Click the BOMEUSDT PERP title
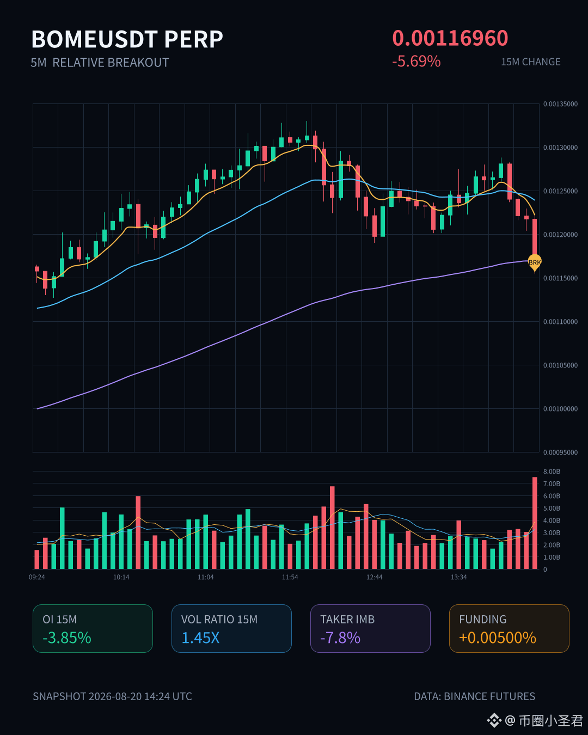[x=127, y=39]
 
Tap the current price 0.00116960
[x=450, y=38]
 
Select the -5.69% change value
[x=416, y=62]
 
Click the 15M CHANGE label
[x=531, y=62]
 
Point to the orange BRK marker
[x=535, y=262]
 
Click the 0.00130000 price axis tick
[x=560, y=148]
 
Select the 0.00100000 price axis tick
[x=560, y=409]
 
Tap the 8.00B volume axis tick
[x=552, y=471]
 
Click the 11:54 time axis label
[x=290, y=577]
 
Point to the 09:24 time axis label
[x=37, y=577]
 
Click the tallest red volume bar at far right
[x=535, y=523]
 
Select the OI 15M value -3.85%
[x=67, y=638]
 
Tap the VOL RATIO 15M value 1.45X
[x=200, y=638]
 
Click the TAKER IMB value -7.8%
[x=340, y=638]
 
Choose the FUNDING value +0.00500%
[x=498, y=638]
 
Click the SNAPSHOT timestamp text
[x=112, y=696]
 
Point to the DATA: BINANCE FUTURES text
[x=475, y=696]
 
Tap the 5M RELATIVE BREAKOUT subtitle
[x=100, y=63]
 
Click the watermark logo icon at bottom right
[x=494, y=721]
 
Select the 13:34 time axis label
[x=458, y=577]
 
